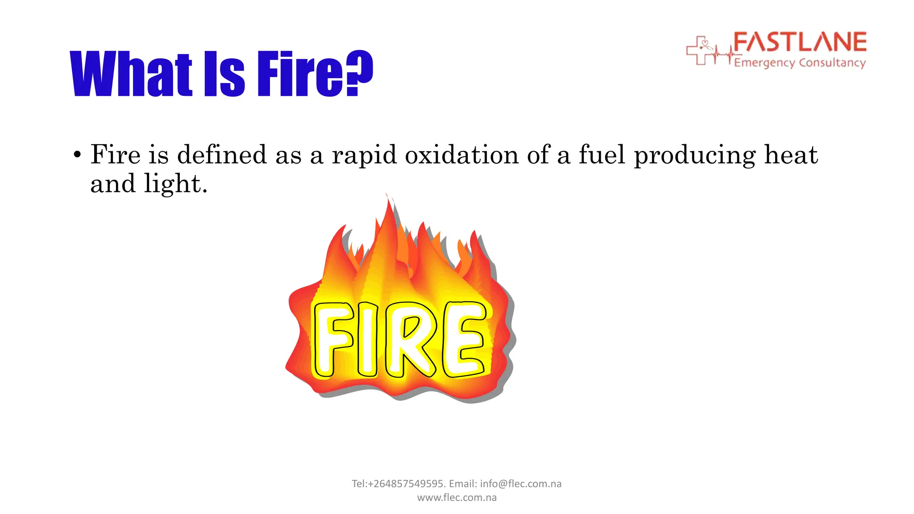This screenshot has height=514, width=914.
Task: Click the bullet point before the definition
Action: (78, 155)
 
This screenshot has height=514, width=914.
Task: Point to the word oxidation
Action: (461, 155)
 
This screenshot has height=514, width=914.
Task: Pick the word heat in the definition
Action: (791, 155)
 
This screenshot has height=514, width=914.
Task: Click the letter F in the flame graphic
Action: (333, 339)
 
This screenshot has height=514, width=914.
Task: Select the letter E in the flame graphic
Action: (464, 339)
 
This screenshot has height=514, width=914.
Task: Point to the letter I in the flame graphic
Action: (367, 339)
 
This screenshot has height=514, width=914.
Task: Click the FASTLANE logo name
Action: (800, 42)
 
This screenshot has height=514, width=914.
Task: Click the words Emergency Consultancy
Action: (800, 62)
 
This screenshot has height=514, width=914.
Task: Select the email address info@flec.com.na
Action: (520, 484)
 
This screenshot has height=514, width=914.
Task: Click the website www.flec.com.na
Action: (457, 497)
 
